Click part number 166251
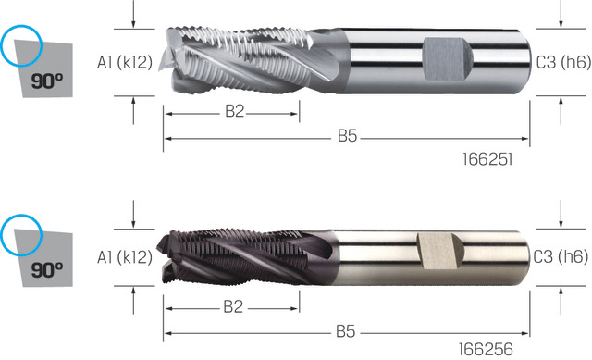pos(487,159)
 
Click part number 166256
pos(486,350)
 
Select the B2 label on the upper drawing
pos(235,111)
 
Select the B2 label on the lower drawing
pos(233,307)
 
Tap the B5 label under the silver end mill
pos(348,136)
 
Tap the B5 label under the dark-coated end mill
pos(346,331)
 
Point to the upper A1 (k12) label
pos(125,63)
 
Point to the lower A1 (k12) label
pos(125,257)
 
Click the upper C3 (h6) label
pos(563,62)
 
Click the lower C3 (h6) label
pos(561,256)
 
